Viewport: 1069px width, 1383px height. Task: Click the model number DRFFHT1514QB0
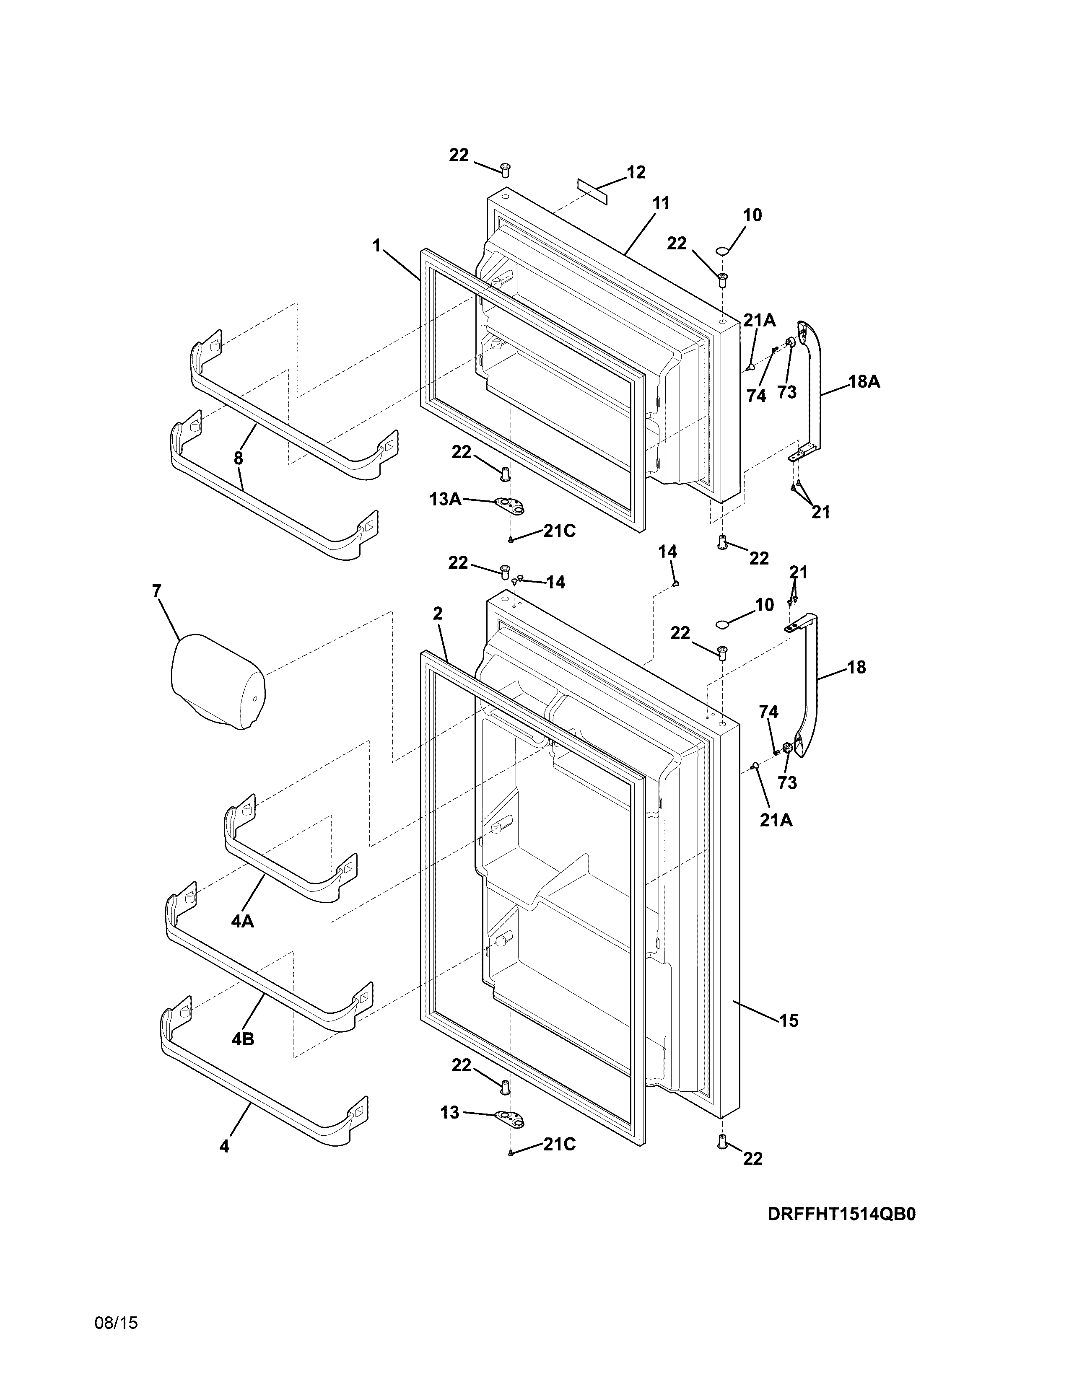point(842,1214)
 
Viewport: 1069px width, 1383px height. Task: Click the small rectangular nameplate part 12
point(592,191)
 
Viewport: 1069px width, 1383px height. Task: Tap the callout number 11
point(661,203)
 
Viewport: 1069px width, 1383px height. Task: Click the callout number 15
point(789,1020)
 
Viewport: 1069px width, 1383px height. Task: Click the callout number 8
point(238,458)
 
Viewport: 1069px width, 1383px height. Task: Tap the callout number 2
point(437,613)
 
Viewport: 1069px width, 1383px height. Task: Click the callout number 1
point(377,245)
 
